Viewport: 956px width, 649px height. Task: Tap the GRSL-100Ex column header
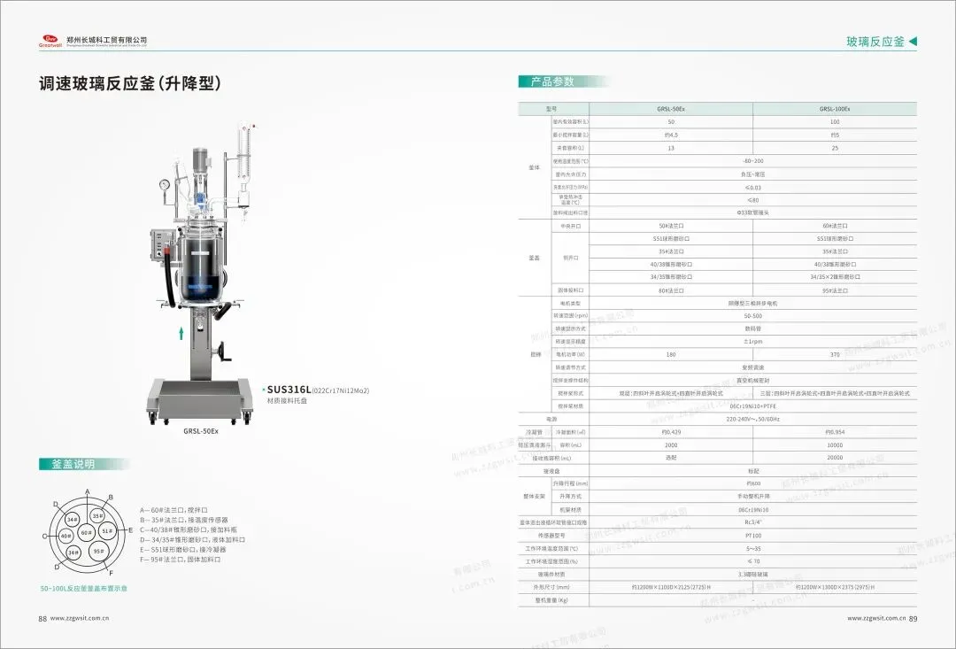pos(834,109)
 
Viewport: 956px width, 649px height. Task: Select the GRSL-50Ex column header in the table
pos(670,109)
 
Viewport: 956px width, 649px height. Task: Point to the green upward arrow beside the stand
pos(181,333)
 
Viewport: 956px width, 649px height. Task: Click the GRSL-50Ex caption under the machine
pos(200,431)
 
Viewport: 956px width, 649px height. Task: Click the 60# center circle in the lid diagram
pos(86,533)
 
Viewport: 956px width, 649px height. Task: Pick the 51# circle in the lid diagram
pos(106,531)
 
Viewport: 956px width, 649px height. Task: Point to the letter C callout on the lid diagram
pos(44,537)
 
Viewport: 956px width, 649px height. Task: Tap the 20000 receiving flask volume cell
pos(834,458)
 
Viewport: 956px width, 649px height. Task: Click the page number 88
pos(42,619)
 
